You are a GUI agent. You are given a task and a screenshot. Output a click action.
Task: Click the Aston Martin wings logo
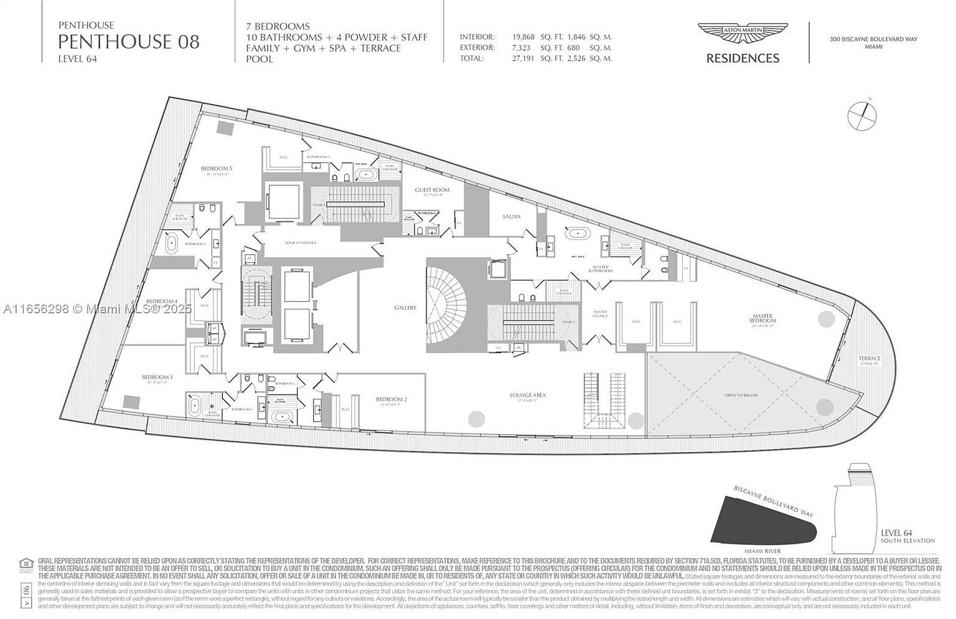[x=743, y=35]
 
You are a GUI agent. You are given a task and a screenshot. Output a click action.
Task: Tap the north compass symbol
[x=863, y=115]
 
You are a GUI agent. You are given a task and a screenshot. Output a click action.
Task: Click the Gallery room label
[x=405, y=308]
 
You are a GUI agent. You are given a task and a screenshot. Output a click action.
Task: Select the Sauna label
[x=511, y=217]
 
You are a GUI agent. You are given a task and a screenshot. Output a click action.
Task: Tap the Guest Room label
[x=432, y=190]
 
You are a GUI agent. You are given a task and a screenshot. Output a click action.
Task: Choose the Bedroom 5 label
[x=216, y=169]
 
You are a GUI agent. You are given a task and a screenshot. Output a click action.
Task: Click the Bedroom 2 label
[x=391, y=399]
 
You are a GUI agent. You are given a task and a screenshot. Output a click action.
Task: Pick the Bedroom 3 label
[x=157, y=377]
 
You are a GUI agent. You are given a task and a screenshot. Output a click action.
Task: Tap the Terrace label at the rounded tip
[x=869, y=358]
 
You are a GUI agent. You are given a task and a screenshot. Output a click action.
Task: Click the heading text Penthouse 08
[x=129, y=42]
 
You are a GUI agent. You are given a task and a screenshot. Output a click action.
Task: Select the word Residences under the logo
[x=743, y=59]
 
